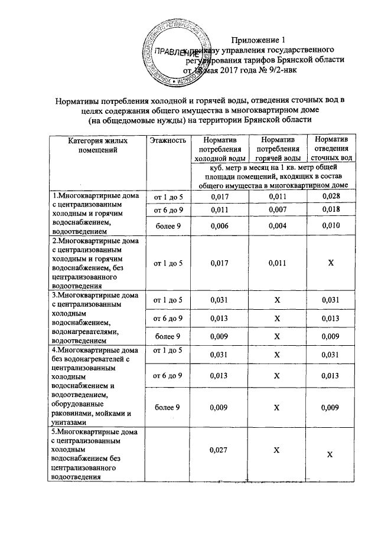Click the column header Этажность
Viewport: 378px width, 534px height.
[168, 140]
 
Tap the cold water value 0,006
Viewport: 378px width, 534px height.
[220, 227]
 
